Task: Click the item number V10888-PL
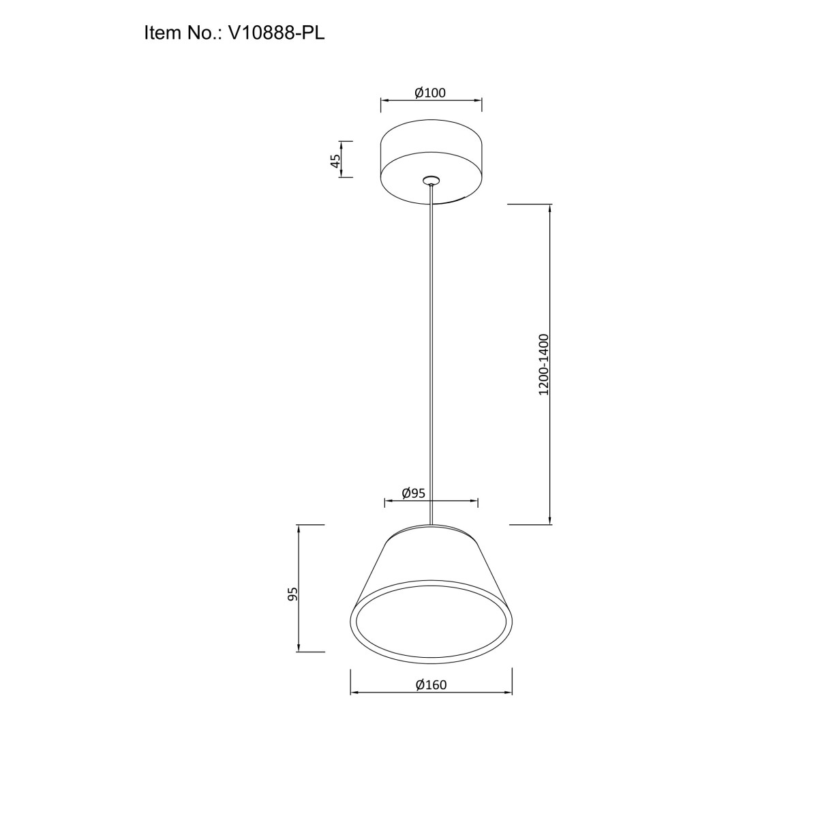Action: click(x=276, y=33)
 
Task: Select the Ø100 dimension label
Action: click(x=430, y=93)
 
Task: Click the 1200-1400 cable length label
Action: click(x=543, y=365)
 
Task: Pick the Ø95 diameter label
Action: click(x=414, y=493)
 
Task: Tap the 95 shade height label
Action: click(x=293, y=594)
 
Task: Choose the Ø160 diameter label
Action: click(x=431, y=684)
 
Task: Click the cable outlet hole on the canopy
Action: click(x=431, y=179)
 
